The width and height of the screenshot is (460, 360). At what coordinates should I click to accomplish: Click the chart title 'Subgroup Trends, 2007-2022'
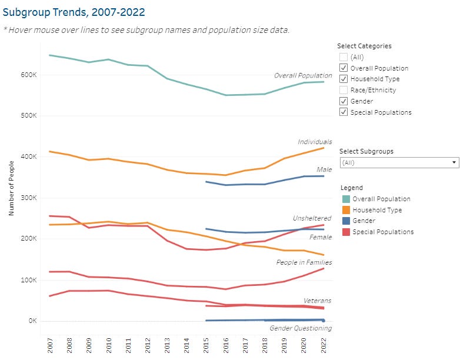click(x=74, y=12)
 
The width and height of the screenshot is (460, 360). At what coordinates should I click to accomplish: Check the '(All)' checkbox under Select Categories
click(x=344, y=57)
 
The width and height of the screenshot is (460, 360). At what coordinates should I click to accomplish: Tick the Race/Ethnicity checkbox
click(x=344, y=90)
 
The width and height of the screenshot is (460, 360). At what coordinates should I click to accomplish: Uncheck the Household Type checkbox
click(x=344, y=79)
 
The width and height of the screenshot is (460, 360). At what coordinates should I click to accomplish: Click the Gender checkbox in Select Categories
click(x=344, y=101)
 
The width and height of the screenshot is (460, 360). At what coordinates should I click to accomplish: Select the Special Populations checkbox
click(x=344, y=112)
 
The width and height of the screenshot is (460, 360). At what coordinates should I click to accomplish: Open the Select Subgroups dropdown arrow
click(x=454, y=162)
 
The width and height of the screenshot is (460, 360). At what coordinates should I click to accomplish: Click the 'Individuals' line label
click(x=315, y=142)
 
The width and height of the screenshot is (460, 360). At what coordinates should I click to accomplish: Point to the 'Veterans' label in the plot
click(x=318, y=301)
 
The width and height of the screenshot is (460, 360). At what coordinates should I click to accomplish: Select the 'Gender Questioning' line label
click(x=301, y=328)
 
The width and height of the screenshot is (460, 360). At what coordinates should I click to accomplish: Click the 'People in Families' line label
click(x=304, y=262)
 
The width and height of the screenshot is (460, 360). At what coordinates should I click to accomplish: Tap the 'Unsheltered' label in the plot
click(x=312, y=218)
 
